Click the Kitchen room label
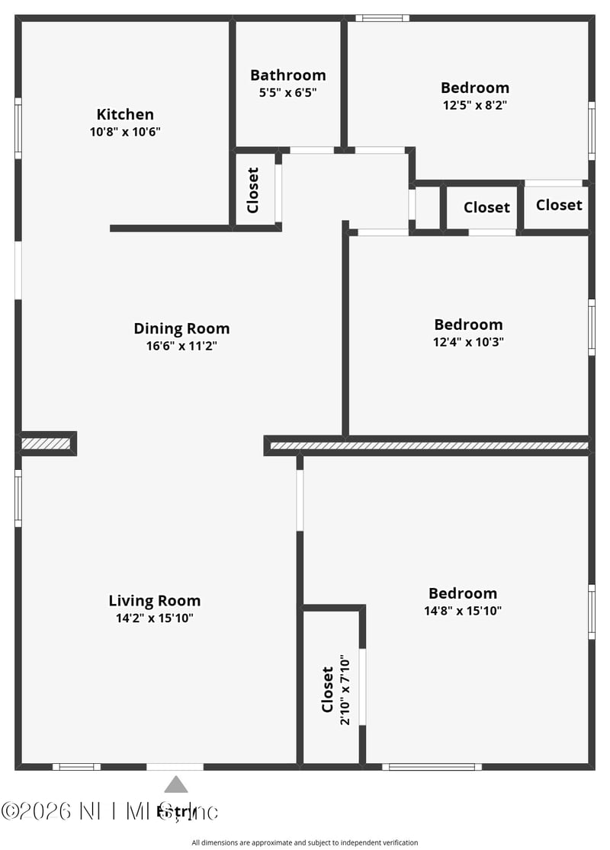(125, 114)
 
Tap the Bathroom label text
(287, 75)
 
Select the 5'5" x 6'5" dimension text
(287, 92)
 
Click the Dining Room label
(181, 328)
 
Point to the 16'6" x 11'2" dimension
(181, 346)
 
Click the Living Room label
(154, 600)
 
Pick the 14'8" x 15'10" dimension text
(463, 610)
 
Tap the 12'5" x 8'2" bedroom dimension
(474, 105)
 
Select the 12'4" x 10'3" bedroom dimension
(468, 342)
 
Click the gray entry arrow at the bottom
(176, 784)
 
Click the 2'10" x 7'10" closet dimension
(345, 689)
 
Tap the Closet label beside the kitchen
(253, 190)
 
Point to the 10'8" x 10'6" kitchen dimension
(125, 131)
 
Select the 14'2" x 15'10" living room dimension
(154, 618)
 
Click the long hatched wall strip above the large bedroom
(429, 446)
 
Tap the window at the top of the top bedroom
(382, 18)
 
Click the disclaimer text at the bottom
(305, 842)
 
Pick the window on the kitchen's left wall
(18, 128)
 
